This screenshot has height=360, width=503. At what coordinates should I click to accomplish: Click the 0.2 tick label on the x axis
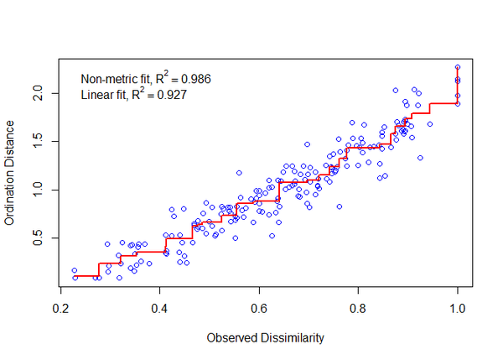60,308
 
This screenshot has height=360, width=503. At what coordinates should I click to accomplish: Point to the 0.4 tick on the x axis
160,308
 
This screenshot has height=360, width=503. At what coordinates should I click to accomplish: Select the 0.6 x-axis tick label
259,308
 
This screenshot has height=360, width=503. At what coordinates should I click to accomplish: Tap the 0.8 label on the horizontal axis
359,308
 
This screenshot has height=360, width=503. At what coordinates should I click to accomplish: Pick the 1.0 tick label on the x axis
458,308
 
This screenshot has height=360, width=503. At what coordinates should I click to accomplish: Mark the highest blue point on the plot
458,67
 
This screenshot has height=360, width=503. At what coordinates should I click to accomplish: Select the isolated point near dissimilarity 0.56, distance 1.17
239,173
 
